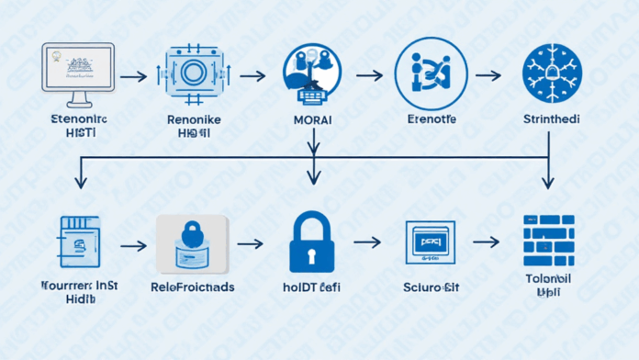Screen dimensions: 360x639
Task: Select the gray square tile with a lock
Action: point(192,243)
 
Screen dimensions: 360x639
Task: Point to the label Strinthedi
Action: point(552,120)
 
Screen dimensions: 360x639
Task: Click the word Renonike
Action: point(193,119)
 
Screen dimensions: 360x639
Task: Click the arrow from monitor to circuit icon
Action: point(133,78)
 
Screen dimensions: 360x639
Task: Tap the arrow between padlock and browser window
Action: point(368,242)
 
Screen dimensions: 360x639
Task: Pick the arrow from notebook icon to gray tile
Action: point(134,245)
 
